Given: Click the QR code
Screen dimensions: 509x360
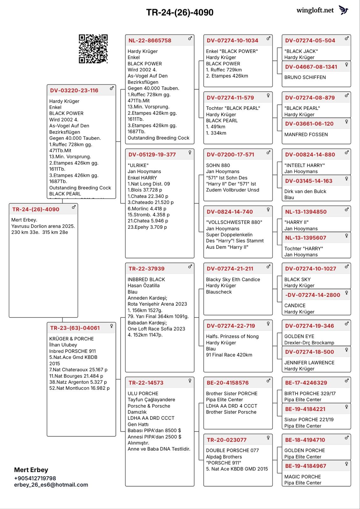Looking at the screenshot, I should tap(93, 49).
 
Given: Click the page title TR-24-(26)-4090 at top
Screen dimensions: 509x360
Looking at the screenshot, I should tap(180, 12).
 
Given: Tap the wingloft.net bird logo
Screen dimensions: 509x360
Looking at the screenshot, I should tap(343, 10).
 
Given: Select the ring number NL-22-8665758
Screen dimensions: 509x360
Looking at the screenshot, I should tap(150, 40).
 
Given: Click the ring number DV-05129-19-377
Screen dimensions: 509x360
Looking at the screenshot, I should tap(152, 155).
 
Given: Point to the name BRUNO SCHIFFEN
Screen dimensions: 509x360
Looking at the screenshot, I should tap(305, 77).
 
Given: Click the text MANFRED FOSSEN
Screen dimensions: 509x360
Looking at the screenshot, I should tap(306, 135).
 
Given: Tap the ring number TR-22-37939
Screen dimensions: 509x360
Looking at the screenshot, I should tap(146, 268).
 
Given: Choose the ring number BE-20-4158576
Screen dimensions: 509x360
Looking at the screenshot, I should tap(228, 383).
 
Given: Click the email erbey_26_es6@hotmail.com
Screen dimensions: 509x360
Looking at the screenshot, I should tap(51, 485).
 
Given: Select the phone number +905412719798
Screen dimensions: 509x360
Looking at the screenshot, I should tap(35, 478).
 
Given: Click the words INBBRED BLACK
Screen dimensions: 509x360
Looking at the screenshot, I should tap(146, 279).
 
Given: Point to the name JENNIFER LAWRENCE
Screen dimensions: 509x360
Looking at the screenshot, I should tap(309, 363).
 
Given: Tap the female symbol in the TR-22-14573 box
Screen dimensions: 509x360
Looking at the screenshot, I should tap(190, 380).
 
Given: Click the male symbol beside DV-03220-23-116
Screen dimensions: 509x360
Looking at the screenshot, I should tap(112, 88).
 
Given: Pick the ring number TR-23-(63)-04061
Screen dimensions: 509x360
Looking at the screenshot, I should tap(75, 328).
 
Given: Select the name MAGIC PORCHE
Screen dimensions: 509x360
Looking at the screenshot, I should tap(302, 477).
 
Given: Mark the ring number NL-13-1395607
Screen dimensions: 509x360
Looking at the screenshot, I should tap(306, 238).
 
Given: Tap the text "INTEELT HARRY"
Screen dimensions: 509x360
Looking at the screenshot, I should tap(304, 165).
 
